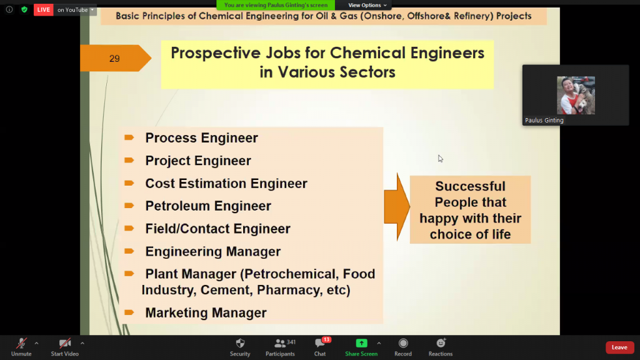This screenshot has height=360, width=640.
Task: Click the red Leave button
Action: (619, 347)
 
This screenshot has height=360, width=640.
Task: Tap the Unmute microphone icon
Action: (21, 343)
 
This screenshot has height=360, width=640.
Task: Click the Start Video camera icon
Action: (65, 343)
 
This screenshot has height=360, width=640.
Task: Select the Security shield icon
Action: (240, 343)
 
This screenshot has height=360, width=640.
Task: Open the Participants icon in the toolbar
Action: (280, 343)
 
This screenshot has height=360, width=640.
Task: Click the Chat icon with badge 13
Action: (320, 343)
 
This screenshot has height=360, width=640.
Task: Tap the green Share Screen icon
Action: (361, 343)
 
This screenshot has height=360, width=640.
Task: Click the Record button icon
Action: (403, 343)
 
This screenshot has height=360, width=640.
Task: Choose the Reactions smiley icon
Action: (441, 343)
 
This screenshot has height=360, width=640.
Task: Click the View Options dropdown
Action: (367, 5)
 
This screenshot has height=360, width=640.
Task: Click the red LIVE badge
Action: (44, 10)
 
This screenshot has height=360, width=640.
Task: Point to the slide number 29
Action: (114, 59)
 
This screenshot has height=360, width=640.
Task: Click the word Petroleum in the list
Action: (177, 206)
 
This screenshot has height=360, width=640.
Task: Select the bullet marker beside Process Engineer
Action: (129, 137)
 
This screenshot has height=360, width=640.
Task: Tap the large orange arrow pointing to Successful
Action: (397, 206)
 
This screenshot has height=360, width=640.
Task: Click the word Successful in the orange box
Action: (470, 186)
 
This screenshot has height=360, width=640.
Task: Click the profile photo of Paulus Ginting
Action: (576, 95)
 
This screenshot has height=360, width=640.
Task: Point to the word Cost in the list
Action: (160, 184)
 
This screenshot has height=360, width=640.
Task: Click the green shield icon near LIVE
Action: (24, 9)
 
